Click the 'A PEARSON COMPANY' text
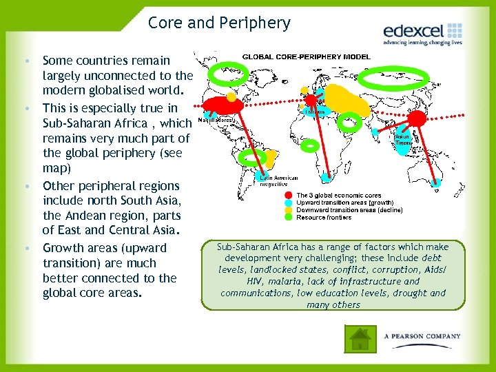pyautogui.click(x=422, y=336)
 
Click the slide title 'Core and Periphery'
pyautogui.click(x=219, y=23)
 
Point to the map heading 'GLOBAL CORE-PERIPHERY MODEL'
pyautogui.click(x=306, y=56)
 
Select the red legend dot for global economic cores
pyautogui.click(x=289, y=196)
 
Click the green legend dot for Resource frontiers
pyautogui.click(x=289, y=217)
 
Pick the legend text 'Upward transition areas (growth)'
pyautogui.click(x=344, y=203)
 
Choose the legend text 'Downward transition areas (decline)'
pyautogui.click(x=349, y=210)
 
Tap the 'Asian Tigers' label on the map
pyautogui.click(x=402, y=140)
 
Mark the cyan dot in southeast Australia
pyautogui.click(x=438, y=183)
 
